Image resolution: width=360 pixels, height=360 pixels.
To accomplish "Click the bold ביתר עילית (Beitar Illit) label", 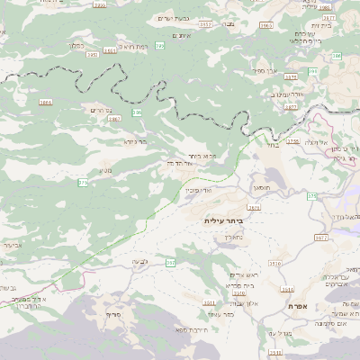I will pyautogui.click(x=225, y=220).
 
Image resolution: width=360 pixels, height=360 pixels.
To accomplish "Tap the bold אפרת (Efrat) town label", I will pyautogui.click(x=299, y=307).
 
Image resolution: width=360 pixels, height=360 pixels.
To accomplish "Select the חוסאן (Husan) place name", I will pyautogui.click(x=262, y=186).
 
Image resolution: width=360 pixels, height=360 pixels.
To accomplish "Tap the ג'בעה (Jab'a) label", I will pyautogui.click(x=139, y=261).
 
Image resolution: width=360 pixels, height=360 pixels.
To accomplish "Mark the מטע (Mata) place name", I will pyautogui.click(x=106, y=169).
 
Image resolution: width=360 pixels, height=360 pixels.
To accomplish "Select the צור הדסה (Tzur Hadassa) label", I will pyautogui.click(x=183, y=163).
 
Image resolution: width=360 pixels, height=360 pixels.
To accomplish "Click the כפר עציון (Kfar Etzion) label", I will pyautogui.click(x=220, y=314).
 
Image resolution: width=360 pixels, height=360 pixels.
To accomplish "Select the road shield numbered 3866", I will pyautogui.click(x=45, y=103).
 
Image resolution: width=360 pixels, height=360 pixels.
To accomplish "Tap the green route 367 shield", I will pyautogui.click(x=170, y=262).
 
